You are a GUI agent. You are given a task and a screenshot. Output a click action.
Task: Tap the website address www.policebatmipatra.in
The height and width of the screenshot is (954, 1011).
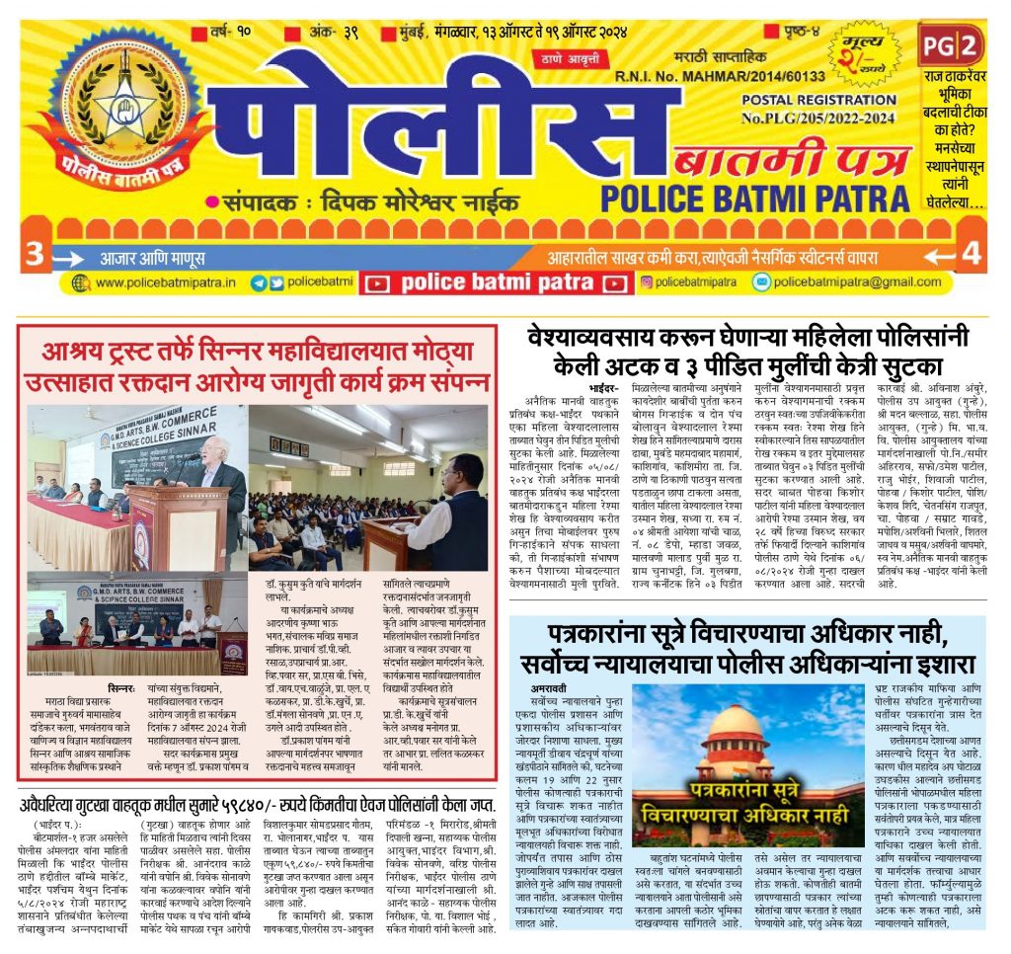166,283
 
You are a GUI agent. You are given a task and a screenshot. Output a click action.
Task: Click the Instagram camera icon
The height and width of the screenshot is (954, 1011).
647,282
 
